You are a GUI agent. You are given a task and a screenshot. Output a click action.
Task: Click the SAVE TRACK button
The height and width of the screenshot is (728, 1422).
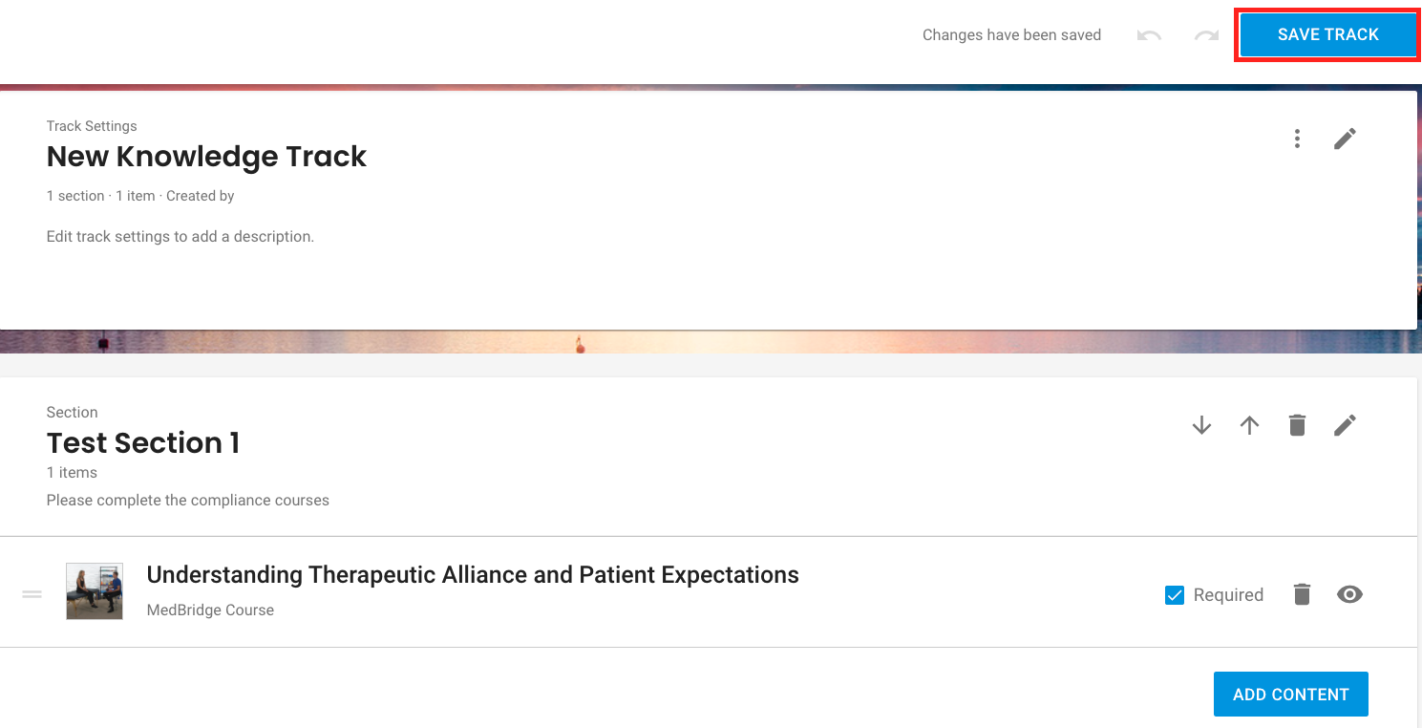click(1327, 34)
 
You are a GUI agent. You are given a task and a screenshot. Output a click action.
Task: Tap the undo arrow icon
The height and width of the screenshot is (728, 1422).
click(1149, 35)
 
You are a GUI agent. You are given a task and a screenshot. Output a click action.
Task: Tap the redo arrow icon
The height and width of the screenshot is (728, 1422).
click(1206, 35)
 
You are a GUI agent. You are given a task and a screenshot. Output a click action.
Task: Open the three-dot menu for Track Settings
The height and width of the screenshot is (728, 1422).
click(1297, 139)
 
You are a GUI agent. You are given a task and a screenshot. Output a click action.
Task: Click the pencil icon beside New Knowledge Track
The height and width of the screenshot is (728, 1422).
click(1345, 139)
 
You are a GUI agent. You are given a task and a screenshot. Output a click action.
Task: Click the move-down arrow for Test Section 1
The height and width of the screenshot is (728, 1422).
click(1201, 425)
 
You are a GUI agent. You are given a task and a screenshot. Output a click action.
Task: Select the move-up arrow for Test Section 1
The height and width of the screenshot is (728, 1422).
click(1249, 425)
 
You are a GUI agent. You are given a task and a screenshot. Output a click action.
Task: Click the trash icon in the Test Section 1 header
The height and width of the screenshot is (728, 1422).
click(1297, 425)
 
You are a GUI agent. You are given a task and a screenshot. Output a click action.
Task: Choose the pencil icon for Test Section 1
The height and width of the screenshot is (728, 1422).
click(1345, 425)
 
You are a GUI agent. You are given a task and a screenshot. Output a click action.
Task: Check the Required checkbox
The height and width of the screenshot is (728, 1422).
click(1175, 595)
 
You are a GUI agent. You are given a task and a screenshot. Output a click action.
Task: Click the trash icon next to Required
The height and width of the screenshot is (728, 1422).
click(1302, 594)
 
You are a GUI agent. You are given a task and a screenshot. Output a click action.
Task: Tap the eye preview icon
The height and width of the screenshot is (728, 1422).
click(1349, 594)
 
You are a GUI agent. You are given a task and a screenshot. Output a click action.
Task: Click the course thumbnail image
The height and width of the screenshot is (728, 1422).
click(95, 590)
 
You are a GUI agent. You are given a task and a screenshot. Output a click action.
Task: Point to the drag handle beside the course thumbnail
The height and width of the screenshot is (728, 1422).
click(32, 594)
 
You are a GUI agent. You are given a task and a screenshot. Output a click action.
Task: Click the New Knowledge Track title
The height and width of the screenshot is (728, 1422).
click(206, 157)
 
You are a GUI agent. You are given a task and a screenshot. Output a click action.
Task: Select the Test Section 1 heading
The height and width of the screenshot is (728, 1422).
click(143, 442)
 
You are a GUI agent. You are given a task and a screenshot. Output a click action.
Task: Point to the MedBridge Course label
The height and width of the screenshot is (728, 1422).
click(210, 610)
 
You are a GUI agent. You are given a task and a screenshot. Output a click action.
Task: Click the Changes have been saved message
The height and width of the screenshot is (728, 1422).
click(1011, 35)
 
